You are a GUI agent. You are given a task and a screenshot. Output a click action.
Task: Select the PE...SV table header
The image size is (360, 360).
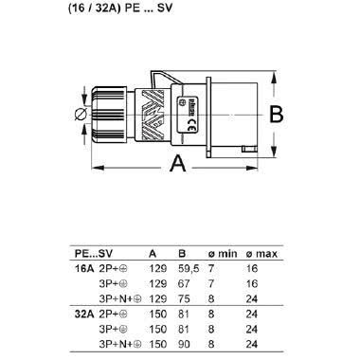pyautogui.click(x=93, y=254)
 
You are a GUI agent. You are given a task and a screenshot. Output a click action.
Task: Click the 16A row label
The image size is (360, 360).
pyautogui.click(x=84, y=268)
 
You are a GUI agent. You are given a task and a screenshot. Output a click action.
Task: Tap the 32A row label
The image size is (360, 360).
pyautogui.click(x=84, y=309)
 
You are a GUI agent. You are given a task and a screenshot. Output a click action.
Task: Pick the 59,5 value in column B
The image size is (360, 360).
pyautogui.click(x=188, y=268)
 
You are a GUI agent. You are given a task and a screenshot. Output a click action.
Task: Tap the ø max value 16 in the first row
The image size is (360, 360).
pyautogui.click(x=251, y=268)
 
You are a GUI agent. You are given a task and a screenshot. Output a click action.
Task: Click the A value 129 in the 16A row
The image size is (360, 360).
pyautogui.click(x=155, y=268)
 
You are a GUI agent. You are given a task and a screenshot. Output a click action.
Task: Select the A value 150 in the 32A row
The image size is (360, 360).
pyautogui.click(x=155, y=309)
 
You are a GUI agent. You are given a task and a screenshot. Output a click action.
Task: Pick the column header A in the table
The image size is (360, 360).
pyautogui.click(x=153, y=254)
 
